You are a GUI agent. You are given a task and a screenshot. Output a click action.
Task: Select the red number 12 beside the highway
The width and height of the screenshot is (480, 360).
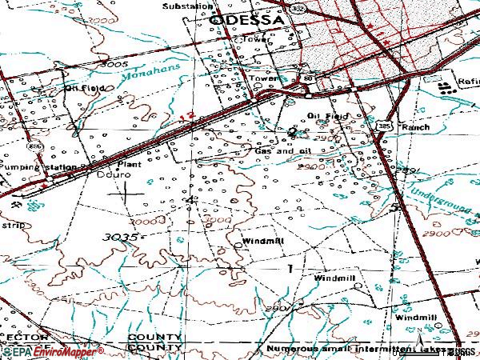187,117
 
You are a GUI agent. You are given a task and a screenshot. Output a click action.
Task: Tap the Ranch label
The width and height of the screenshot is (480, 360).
415,126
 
